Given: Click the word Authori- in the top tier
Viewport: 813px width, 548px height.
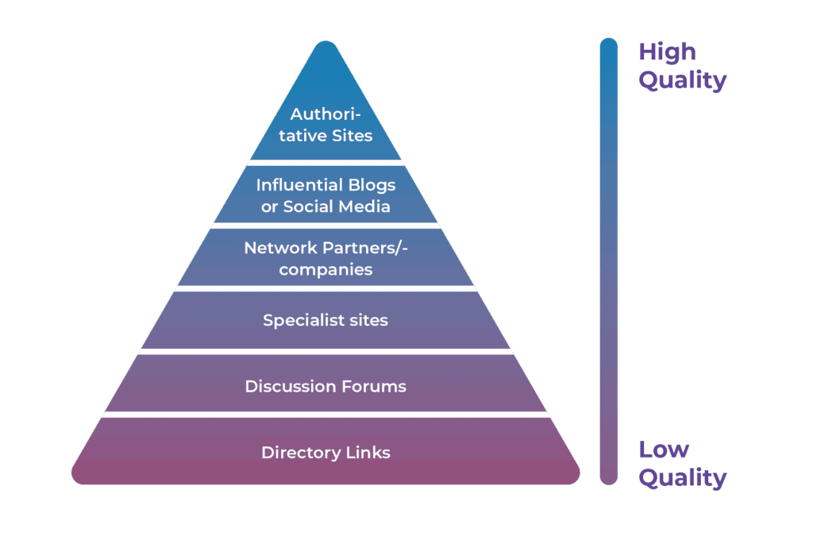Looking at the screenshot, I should pyautogui.click(x=326, y=114).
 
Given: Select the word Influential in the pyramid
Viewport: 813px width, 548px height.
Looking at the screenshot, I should pyautogui.click(x=289, y=185).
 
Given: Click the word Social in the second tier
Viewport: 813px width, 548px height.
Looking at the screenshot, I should pyautogui.click(x=310, y=206).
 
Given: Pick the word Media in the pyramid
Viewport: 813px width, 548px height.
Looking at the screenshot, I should pyautogui.click(x=364, y=206).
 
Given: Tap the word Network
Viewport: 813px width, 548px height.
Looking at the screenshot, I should pyautogui.click(x=275, y=248).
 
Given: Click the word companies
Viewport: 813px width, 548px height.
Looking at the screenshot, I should pyautogui.click(x=326, y=270).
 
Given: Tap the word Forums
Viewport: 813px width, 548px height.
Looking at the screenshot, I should pyautogui.click(x=373, y=387).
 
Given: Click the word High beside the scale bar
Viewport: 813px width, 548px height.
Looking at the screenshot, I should pyautogui.click(x=667, y=52).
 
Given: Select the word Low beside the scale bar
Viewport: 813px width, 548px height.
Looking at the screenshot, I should pyautogui.click(x=665, y=450).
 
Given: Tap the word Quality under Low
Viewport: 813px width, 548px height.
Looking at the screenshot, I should pyautogui.click(x=683, y=478).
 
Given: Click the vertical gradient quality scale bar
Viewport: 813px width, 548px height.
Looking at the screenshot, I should pyautogui.click(x=609, y=262).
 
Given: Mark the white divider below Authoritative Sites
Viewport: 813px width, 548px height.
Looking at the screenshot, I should pyautogui.click(x=326, y=162).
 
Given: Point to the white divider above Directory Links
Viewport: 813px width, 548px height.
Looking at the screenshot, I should pyautogui.click(x=326, y=415).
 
